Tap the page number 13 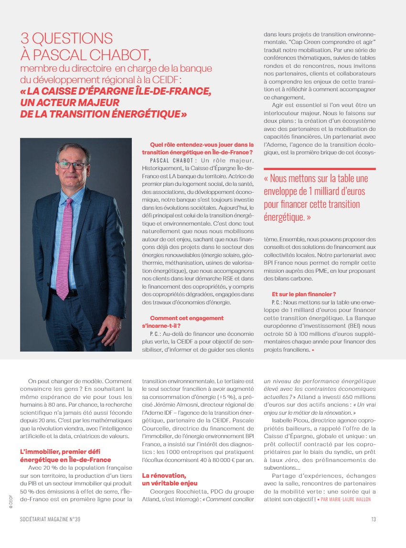373,520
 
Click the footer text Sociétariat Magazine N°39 50,520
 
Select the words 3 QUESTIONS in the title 66,39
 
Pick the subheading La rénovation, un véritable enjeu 167,479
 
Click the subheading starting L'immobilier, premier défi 66,456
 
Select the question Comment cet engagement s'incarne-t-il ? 186,321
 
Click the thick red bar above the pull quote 320,169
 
